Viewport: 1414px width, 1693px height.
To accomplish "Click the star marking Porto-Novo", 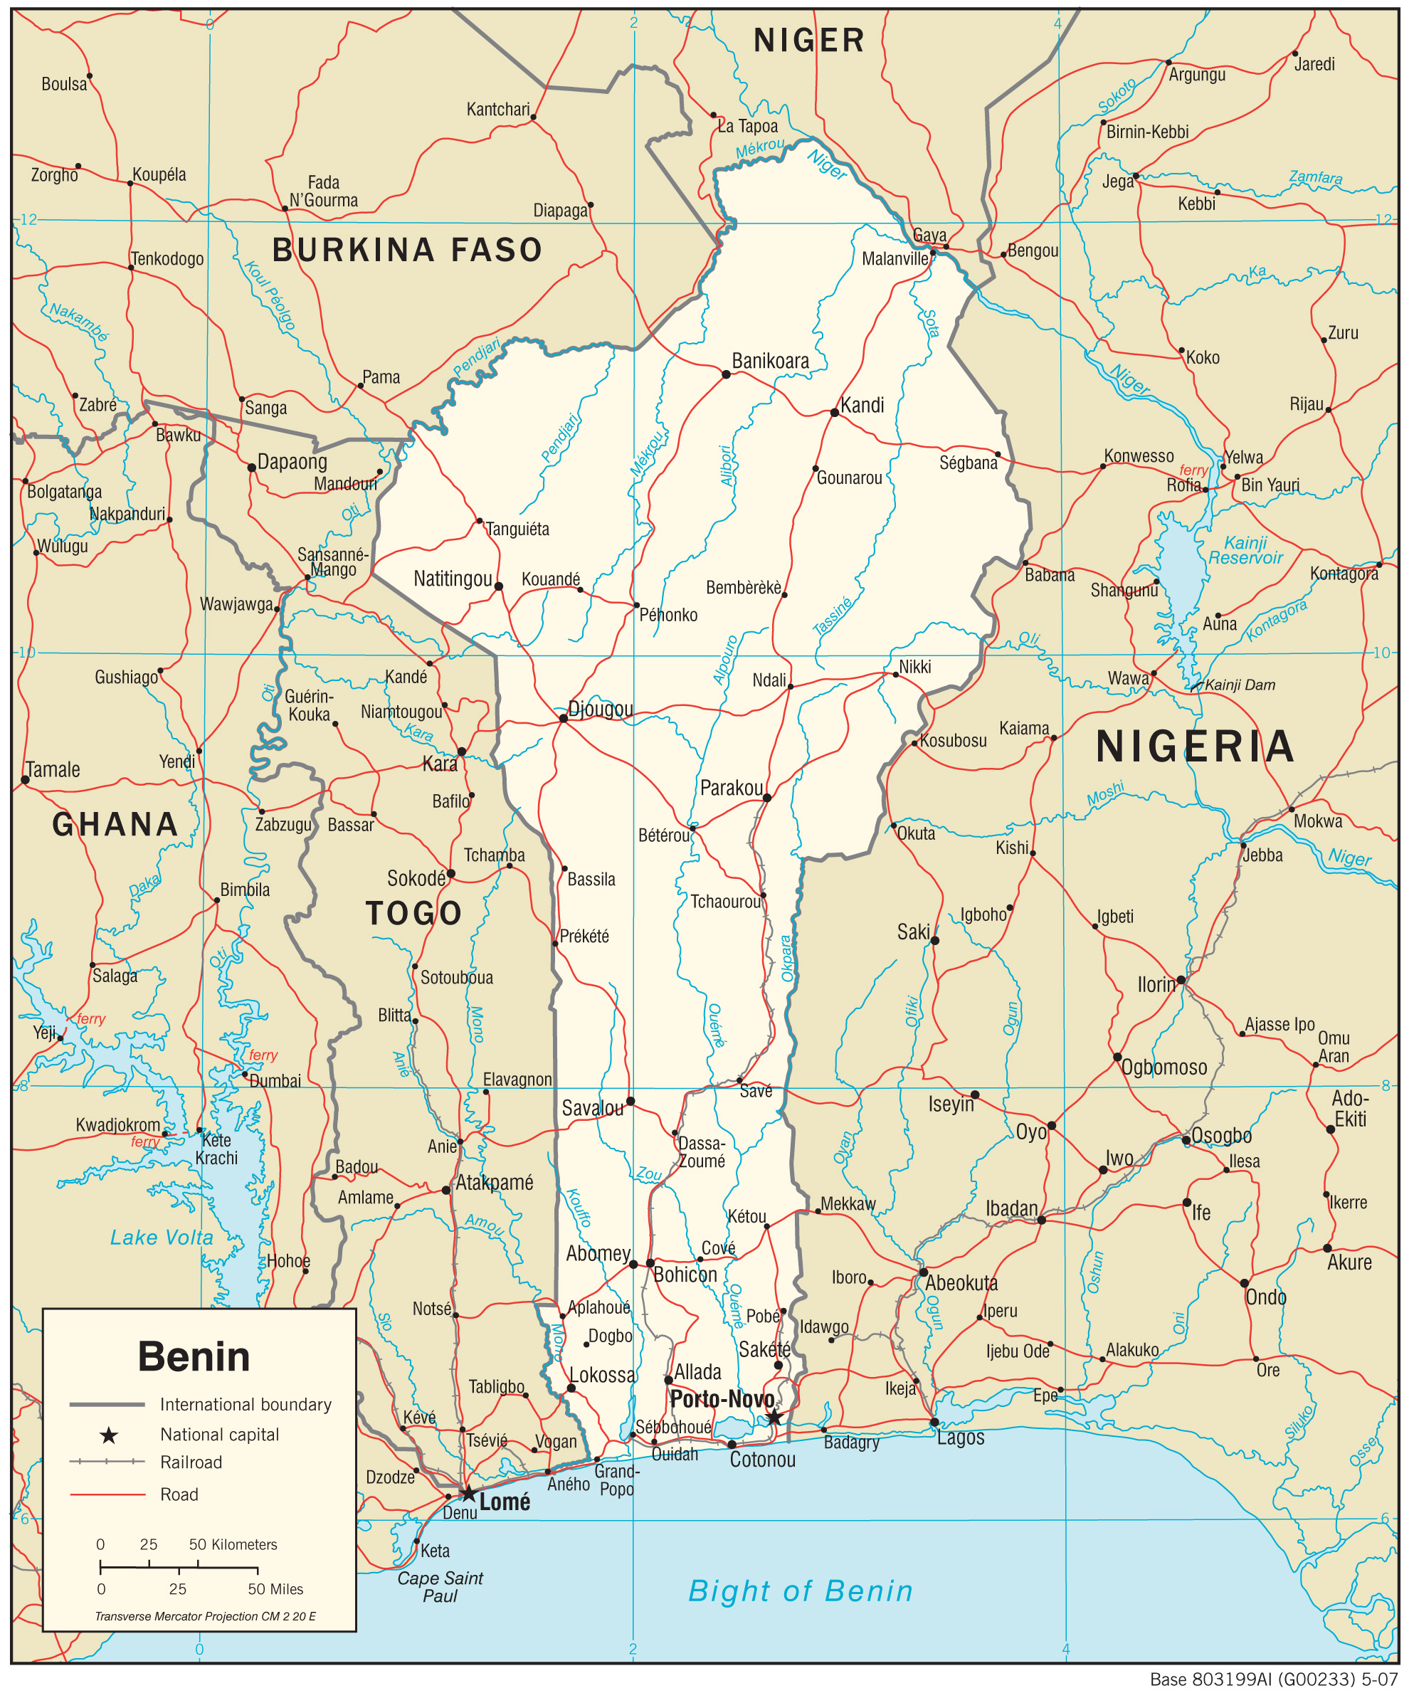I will point(774,1418).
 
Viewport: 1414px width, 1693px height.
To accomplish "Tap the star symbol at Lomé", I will point(468,1493).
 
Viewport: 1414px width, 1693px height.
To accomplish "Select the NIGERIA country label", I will point(1196,747).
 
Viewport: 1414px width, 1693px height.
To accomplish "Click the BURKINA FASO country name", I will point(407,250).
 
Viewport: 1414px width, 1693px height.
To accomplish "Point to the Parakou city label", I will point(730,788).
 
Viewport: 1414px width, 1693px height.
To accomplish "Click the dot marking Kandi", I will point(834,413).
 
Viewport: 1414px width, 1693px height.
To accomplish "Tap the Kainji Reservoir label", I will point(1245,550).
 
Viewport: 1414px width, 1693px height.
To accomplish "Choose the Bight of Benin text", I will point(801,1591).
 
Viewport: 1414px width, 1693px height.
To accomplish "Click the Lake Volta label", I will point(162,1238).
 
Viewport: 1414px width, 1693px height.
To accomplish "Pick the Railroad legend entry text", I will point(191,1462).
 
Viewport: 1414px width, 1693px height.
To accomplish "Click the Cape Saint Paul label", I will point(440,1586).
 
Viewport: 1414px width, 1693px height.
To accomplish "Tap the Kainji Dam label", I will point(1240,685).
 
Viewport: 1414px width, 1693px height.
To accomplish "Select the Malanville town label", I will point(895,259).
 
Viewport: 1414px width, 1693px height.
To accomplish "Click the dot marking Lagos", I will point(934,1422).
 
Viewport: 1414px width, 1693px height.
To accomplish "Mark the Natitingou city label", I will point(453,578).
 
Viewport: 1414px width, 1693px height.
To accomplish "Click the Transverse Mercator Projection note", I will point(205,1616).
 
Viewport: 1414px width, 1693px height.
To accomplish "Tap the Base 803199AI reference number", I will point(1274,1679).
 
